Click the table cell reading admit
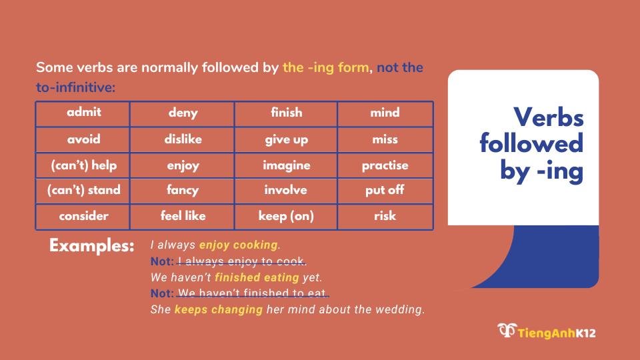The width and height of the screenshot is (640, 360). (x=83, y=113)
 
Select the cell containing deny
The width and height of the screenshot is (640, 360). (x=183, y=113)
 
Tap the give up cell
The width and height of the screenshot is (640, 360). (x=286, y=139)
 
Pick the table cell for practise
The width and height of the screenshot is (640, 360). (x=385, y=165)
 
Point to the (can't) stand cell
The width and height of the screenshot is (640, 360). (x=83, y=191)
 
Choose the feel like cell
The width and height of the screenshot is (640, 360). (x=183, y=216)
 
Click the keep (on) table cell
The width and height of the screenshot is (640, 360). (x=286, y=216)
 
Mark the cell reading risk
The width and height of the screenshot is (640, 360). (x=385, y=216)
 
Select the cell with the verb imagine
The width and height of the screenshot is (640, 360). (x=286, y=165)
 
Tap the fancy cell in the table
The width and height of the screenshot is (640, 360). (x=183, y=191)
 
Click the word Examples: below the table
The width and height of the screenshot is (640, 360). (x=92, y=245)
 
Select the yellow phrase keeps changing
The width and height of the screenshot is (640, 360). (x=218, y=310)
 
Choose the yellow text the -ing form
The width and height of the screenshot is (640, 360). (x=325, y=68)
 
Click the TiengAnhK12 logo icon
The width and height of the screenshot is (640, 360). (x=506, y=330)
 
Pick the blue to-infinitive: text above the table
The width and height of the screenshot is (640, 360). (x=76, y=87)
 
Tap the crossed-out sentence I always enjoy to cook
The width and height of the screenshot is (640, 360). (x=241, y=261)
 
